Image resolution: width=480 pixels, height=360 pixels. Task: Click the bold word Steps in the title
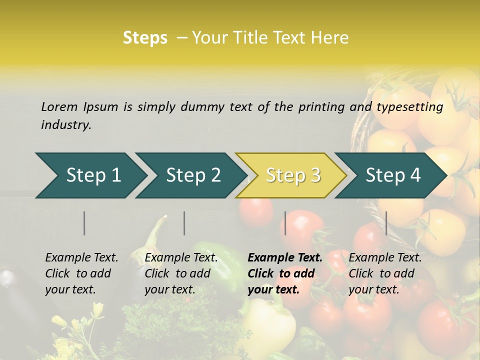[145, 37]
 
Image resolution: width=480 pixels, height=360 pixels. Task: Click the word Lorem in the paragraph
[59, 106]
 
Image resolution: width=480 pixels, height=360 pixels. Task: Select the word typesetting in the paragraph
[409, 106]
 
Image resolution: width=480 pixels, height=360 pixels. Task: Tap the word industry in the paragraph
[66, 124]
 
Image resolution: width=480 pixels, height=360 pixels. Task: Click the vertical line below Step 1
[84, 223]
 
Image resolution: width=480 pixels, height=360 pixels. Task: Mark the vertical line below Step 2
[184, 223]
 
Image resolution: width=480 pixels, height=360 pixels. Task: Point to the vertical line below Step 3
[285, 223]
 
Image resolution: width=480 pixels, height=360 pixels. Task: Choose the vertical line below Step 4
[386, 223]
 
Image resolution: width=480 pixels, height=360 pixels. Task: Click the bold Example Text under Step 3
[285, 258]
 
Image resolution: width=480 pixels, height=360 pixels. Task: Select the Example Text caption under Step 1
[81, 258]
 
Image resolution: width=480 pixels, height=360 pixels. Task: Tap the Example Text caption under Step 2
[181, 258]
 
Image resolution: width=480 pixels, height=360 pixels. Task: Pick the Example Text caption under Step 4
[385, 258]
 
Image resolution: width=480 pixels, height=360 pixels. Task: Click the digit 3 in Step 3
[315, 175]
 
